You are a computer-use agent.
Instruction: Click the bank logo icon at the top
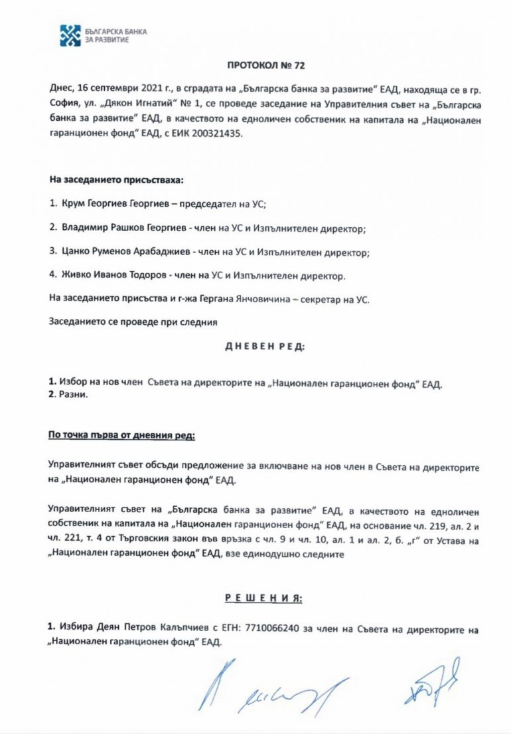[x=70, y=35]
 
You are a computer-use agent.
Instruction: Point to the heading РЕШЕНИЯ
[x=264, y=598]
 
